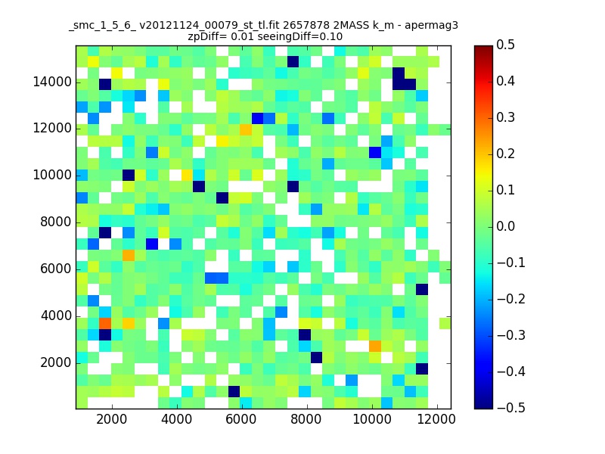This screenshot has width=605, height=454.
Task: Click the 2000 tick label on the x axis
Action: tap(111, 419)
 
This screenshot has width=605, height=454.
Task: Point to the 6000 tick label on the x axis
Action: tap(240, 419)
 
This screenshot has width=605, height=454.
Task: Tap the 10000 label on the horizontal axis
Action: tap(371, 419)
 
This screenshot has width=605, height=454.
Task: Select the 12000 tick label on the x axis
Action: tap(436, 419)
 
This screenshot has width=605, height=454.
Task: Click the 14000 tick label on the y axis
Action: tap(52, 82)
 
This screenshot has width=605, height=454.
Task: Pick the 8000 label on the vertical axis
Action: tap(56, 222)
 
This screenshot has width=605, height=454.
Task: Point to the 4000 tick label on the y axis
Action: tap(56, 316)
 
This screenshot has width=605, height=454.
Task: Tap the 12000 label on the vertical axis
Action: tap(52, 128)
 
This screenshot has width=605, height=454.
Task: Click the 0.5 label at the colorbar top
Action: tap(505, 45)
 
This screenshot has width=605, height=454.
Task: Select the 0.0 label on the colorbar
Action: tap(505, 226)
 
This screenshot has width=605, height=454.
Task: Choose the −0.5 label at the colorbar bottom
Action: tap(511, 408)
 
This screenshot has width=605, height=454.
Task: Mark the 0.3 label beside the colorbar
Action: tap(505, 117)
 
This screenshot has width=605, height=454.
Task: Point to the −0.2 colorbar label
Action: tap(511, 299)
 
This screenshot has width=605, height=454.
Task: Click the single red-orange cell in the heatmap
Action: tap(105, 323)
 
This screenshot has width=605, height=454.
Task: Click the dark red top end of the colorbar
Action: tap(483, 48)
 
